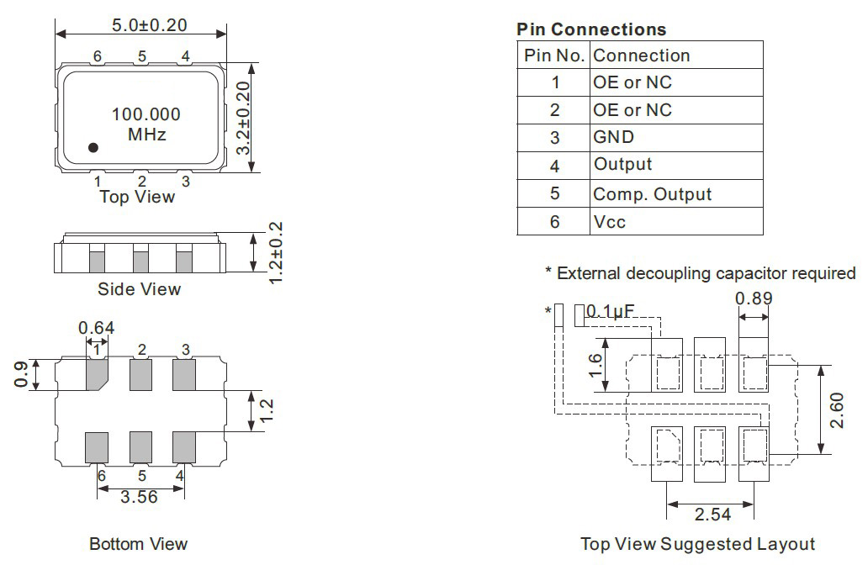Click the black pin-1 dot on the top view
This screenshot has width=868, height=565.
pyautogui.click(x=93, y=147)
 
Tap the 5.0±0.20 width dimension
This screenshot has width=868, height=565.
pyautogui.click(x=150, y=25)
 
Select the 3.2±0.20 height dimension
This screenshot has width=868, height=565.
pyautogui.click(x=244, y=118)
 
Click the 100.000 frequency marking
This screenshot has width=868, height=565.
pyautogui.click(x=146, y=114)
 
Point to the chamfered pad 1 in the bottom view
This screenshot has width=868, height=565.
pyautogui.click(x=97, y=375)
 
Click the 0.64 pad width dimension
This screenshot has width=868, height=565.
pyautogui.click(x=97, y=328)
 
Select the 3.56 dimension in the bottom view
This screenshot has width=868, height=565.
pyautogui.click(x=139, y=497)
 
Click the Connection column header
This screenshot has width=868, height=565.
pyautogui.click(x=642, y=55)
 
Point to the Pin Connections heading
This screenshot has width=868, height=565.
pyautogui.click(x=591, y=29)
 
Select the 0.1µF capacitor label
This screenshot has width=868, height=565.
pyautogui.click(x=610, y=312)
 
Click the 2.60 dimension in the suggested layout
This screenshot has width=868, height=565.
pyautogui.click(x=837, y=410)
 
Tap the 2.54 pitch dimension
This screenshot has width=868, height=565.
pyautogui.click(x=712, y=515)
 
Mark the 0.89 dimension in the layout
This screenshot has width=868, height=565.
pyautogui.click(x=754, y=298)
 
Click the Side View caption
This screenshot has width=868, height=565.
pyautogui.click(x=139, y=289)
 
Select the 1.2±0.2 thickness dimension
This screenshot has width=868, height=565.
pyautogui.click(x=275, y=253)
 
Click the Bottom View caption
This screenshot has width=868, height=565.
pyautogui.click(x=139, y=544)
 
